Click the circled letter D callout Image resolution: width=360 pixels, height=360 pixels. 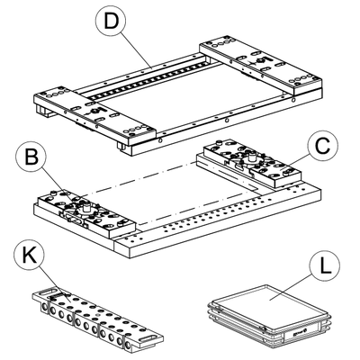coord(111,20)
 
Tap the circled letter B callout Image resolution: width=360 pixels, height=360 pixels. coord(31,157)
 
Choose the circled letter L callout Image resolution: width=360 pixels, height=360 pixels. coord(325,266)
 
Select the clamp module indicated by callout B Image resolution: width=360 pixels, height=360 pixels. coord(85,213)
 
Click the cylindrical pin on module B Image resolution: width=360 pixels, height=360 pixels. coord(86,208)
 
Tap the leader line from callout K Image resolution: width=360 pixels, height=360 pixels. coord(53,284)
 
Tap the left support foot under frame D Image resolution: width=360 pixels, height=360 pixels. coord(42,110)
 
